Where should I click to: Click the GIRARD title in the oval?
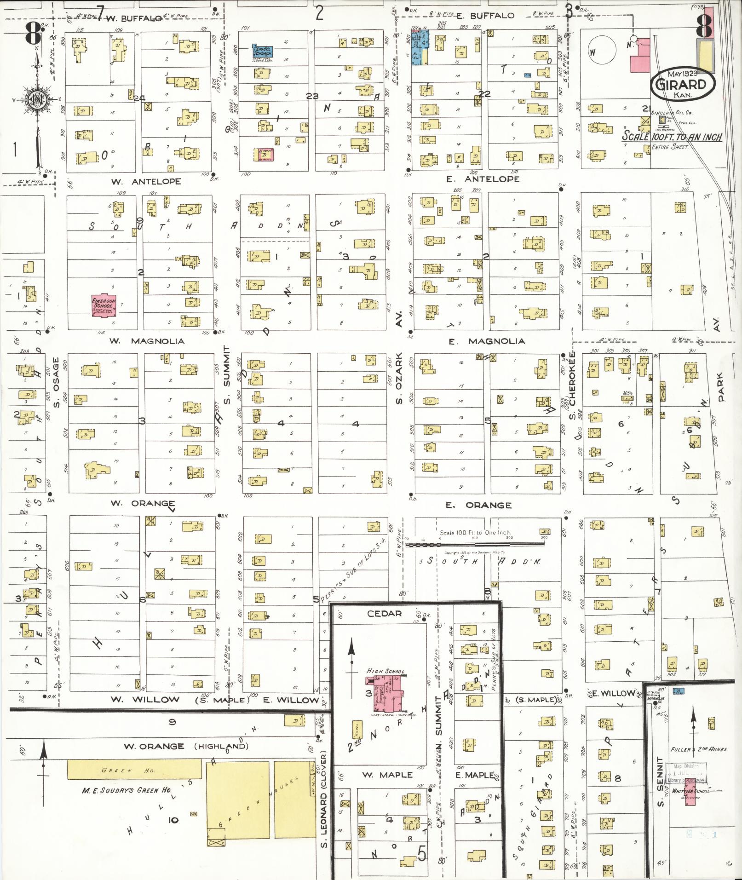683,85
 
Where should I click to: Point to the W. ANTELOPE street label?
146,182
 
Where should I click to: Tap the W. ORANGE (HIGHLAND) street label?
186,746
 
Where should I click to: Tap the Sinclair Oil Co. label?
672,112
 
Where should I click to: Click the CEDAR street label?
384,613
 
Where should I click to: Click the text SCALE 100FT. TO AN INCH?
672,137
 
